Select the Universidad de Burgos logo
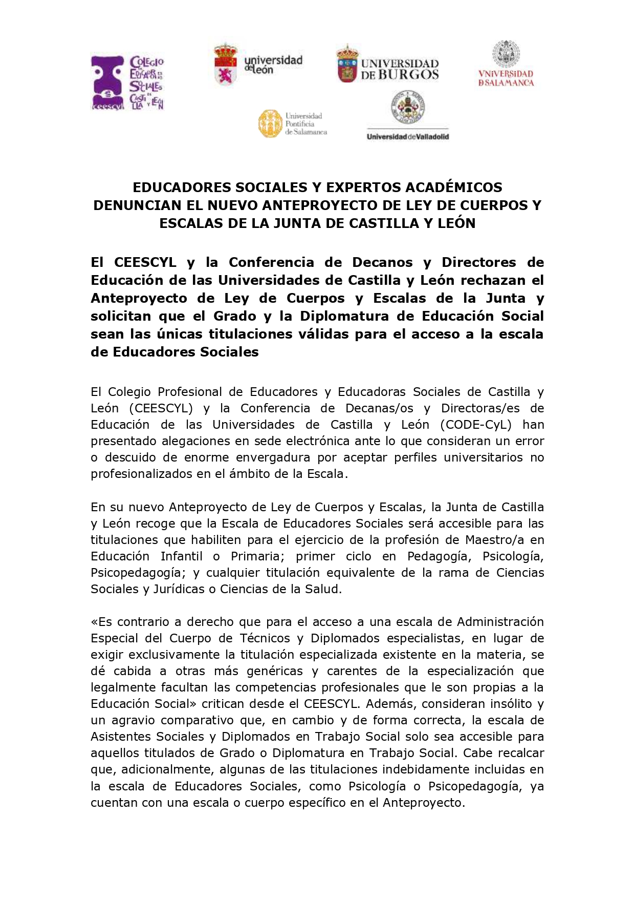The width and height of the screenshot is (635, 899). tap(388, 65)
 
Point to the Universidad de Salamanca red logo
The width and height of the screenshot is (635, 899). tap(506, 65)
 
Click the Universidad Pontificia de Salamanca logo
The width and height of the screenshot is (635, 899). tap(293, 123)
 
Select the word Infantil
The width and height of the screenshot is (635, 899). tap(182, 556)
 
